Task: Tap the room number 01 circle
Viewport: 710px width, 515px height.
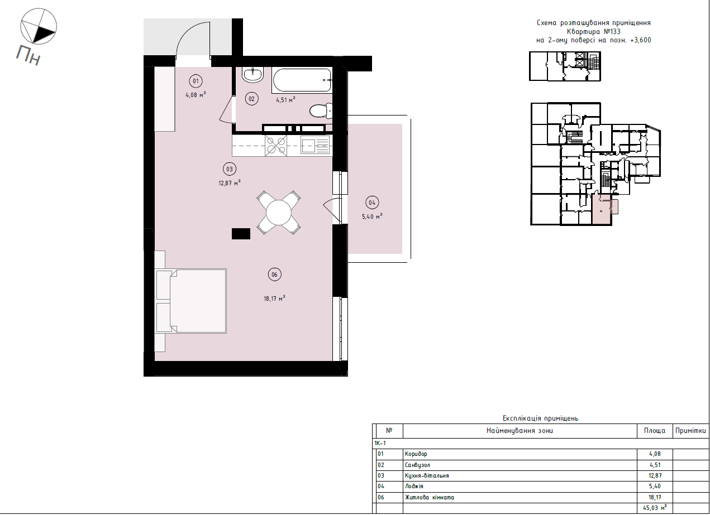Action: point(196,81)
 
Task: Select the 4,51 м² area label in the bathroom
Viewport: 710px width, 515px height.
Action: point(285,100)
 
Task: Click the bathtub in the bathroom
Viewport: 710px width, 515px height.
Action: point(302,80)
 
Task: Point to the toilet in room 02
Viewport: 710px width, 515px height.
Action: point(321,111)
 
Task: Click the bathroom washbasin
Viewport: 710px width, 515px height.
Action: point(254,74)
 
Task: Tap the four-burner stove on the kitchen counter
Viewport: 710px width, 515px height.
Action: point(277,145)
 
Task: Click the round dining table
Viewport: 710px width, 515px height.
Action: point(279,212)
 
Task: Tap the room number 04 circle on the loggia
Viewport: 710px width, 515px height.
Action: point(372,203)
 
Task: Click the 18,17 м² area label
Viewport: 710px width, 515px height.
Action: point(274,299)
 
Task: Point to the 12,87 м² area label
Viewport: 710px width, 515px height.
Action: point(230,182)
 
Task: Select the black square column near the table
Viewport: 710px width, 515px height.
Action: point(241,234)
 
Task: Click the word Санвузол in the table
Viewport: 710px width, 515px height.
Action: point(418,465)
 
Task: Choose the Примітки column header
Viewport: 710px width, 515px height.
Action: point(690,431)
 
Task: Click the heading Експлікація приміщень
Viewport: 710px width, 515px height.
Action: point(540,418)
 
